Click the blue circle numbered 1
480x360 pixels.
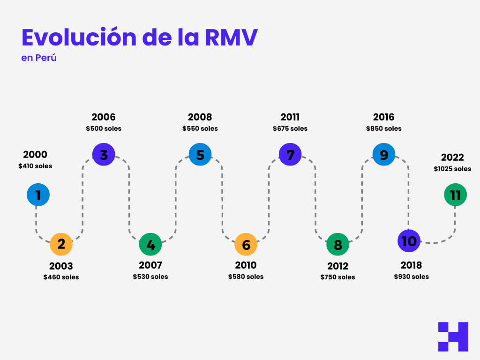(x=38, y=195)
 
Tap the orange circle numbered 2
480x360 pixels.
(x=61, y=244)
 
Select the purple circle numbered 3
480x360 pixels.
(x=104, y=155)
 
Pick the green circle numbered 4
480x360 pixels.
(x=150, y=244)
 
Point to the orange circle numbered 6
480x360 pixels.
(x=246, y=244)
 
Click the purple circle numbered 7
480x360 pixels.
(x=290, y=155)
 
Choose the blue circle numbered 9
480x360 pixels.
(x=384, y=155)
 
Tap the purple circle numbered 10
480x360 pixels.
(x=409, y=241)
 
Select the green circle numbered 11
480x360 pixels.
(x=455, y=195)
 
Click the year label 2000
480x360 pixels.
(x=35, y=155)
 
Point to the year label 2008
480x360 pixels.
(x=200, y=117)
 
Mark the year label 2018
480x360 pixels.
(x=411, y=265)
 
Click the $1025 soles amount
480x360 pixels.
(x=452, y=169)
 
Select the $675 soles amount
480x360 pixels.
(x=290, y=128)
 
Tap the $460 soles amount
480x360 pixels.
(x=61, y=277)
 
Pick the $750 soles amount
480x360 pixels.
(x=337, y=277)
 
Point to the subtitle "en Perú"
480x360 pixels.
(x=39, y=59)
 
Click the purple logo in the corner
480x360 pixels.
(x=453, y=337)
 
